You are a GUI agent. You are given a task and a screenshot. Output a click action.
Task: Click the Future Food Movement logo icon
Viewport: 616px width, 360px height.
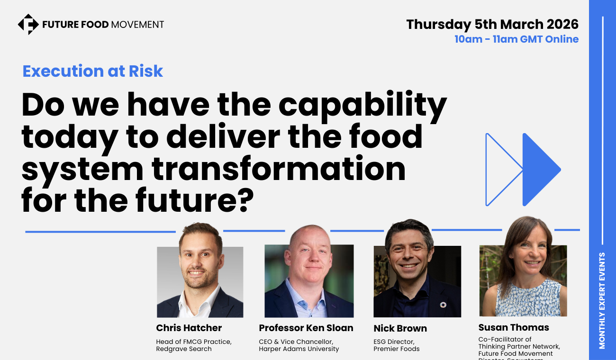click(28, 24)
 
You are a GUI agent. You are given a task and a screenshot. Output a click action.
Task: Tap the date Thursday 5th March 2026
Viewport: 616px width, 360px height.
click(492, 24)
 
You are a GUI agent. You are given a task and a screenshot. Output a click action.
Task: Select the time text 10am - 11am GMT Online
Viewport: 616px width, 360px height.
click(516, 39)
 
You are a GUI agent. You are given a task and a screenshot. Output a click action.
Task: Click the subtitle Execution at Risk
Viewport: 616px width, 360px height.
click(93, 71)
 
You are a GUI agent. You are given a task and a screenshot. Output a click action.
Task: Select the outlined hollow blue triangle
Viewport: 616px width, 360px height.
click(500, 170)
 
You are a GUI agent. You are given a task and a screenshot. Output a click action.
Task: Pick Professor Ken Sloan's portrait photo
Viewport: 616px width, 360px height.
click(309, 277)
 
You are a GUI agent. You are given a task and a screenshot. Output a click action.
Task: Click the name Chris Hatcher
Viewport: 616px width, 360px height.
click(189, 328)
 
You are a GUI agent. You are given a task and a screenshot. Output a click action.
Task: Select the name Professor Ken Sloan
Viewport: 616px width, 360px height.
click(306, 328)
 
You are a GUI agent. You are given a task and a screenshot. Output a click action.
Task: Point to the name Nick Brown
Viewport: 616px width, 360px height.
click(400, 328)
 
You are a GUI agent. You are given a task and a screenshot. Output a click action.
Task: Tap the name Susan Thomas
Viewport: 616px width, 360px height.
click(514, 327)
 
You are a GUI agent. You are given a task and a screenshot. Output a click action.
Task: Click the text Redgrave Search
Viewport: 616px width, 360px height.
click(184, 349)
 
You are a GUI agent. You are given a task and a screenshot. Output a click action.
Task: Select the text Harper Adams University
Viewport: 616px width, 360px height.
click(299, 349)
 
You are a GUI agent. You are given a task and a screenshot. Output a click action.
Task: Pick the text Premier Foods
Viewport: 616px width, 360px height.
click(397, 349)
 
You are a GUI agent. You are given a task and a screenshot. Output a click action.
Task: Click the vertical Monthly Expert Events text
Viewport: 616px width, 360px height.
click(602, 301)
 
